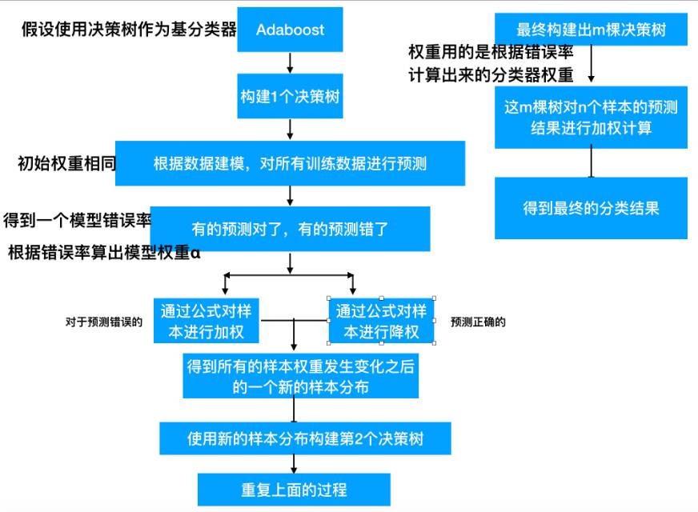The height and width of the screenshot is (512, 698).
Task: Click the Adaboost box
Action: (x=291, y=30)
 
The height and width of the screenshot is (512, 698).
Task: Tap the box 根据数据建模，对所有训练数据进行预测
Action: (x=290, y=164)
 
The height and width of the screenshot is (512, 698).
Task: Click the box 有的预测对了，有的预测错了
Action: (x=290, y=229)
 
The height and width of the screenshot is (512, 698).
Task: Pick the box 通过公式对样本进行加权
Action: (x=207, y=320)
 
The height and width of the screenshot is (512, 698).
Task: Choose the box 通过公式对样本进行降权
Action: (x=381, y=320)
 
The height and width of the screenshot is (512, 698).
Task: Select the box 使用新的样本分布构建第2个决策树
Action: (x=305, y=439)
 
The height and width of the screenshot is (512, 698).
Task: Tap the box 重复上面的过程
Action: (x=294, y=489)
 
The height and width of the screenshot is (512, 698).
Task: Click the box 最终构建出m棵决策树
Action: (x=592, y=30)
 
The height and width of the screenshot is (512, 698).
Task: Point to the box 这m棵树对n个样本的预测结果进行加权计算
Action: (x=591, y=118)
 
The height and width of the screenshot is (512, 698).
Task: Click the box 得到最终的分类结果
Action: (x=591, y=208)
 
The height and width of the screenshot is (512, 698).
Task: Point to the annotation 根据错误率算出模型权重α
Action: (x=104, y=254)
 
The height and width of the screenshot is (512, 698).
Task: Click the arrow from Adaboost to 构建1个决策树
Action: (x=291, y=62)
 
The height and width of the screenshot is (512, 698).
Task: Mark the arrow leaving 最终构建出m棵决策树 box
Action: (x=592, y=66)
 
